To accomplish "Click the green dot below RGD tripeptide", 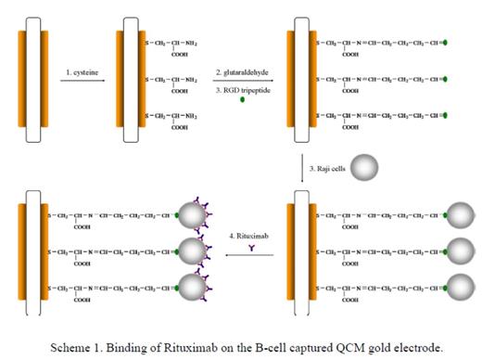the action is tap(243, 99).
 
